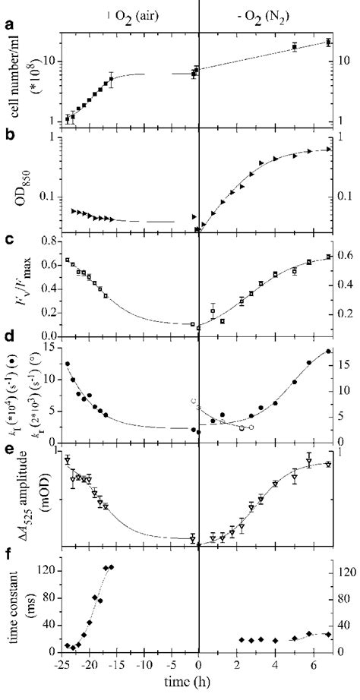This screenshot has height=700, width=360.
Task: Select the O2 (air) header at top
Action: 141,11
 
